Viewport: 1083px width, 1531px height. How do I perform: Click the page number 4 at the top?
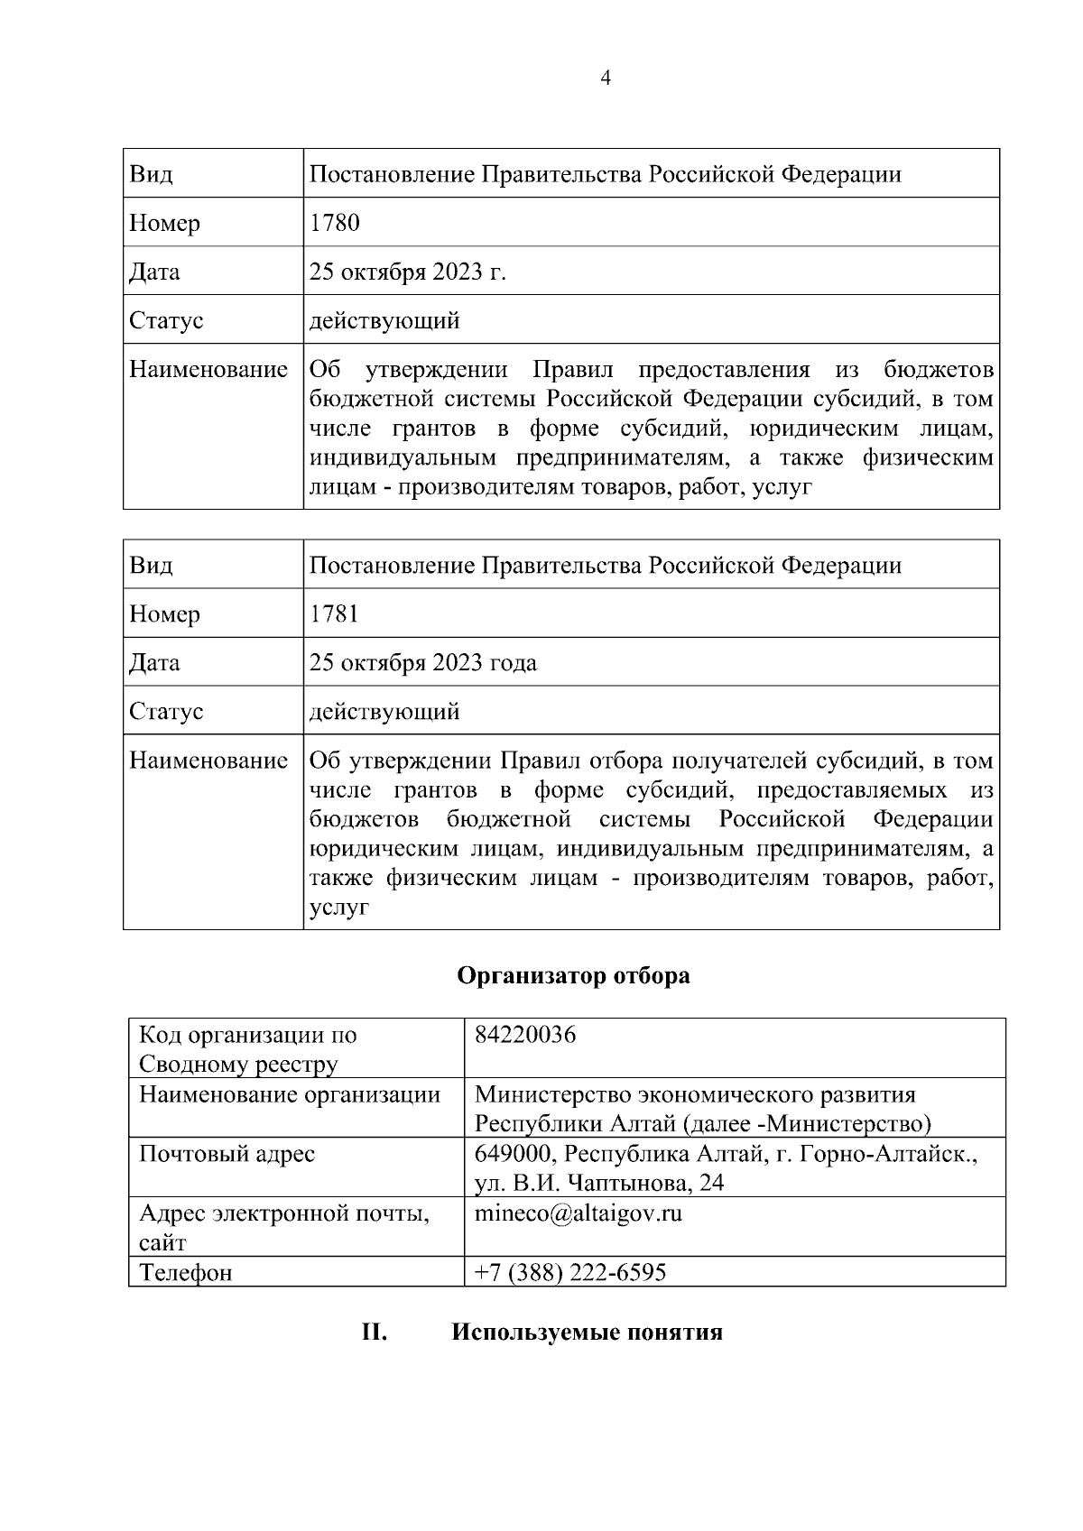tap(606, 78)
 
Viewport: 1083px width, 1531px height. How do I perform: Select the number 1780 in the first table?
tap(334, 223)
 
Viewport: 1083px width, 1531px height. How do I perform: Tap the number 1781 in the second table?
tap(334, 614)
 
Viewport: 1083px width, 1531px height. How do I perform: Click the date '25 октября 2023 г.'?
tap(407, 272)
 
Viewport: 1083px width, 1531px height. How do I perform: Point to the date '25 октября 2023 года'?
tap(422, 663)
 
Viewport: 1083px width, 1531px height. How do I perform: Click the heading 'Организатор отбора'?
tap(573, 975)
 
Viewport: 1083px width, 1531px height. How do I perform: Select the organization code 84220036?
tap(525, 1035)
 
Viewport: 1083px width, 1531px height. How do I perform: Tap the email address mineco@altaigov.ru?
tap(579, 1213)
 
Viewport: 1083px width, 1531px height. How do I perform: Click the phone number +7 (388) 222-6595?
tap(570, 1272)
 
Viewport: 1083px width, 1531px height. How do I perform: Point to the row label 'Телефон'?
tap(185, 1272)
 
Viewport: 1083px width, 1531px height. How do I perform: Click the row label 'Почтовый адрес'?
tap(227, 1154)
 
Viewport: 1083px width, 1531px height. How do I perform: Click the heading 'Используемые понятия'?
tap(587, 1333)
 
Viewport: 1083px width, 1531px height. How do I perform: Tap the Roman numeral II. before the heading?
tap(375, 1333)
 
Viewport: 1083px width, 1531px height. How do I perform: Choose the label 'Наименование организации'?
tap(289, 1094)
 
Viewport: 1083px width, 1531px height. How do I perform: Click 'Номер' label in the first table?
tap(164, 223)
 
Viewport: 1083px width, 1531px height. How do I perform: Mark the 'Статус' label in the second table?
tap(166, 712)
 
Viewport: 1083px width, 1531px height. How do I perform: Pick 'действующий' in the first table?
tap(384, 320)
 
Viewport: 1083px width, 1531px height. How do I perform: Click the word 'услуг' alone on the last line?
tap(338, 908)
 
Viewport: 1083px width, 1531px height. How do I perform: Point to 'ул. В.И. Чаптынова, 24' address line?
tap(599, 1183)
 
